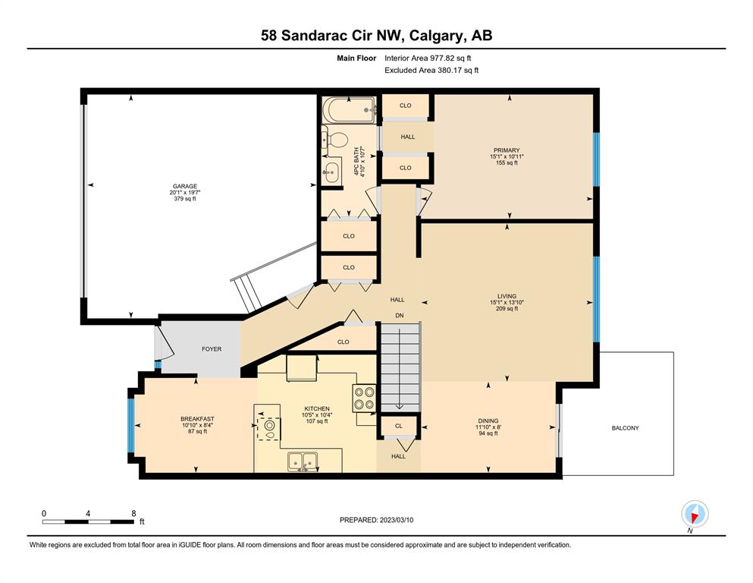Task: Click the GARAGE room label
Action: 185,187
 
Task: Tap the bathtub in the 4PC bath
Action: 349,110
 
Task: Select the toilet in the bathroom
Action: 335,140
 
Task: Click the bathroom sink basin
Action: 331,172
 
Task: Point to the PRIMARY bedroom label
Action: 507,150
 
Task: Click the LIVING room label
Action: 507,296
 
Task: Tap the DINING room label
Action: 488,421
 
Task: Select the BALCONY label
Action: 626,427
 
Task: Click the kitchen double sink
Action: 303,462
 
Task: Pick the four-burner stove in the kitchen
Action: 365,399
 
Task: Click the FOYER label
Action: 212,349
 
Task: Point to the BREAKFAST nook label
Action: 197,419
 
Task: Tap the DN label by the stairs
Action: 400,316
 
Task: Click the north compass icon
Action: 695,514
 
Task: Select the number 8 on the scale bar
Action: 133,513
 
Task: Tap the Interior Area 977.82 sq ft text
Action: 428,58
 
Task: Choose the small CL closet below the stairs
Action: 399,426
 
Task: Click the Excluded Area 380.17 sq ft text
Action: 431,70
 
